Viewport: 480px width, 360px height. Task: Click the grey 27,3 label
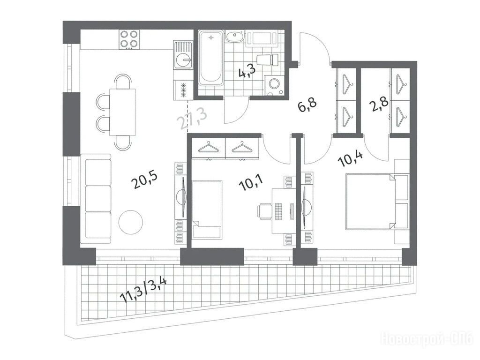tap(193, 119)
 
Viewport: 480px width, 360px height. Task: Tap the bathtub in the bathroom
tap(210, 57)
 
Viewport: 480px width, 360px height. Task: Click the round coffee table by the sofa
tap(131, 222)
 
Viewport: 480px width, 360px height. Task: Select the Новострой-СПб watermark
tap(427, 338)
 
